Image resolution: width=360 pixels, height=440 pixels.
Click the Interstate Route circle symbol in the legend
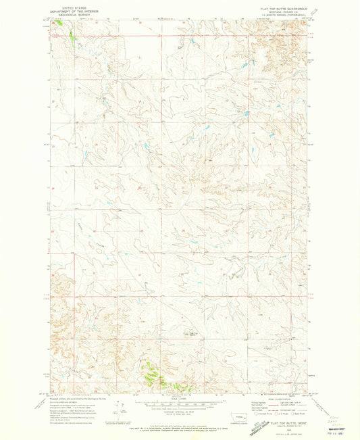[258, 414]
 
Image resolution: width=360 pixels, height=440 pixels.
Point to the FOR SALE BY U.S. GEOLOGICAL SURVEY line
[180, 424]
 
